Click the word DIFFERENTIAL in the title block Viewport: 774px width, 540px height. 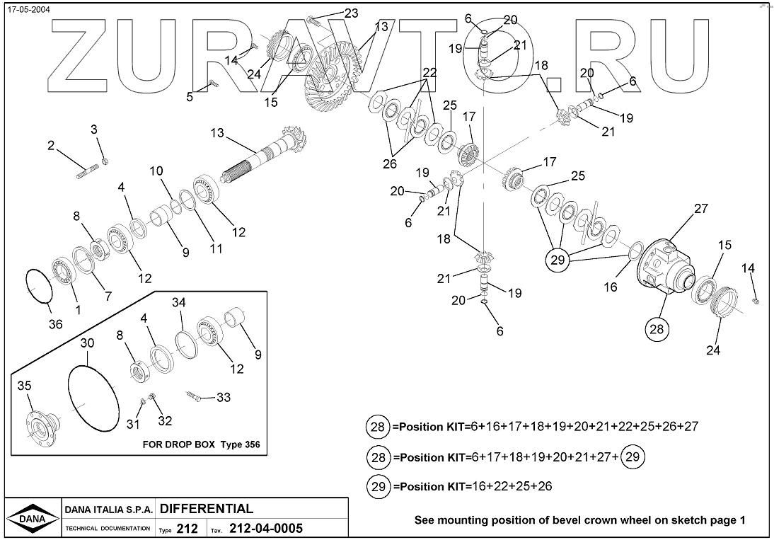tap(207, 509)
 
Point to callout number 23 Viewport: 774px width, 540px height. tap(351, 13)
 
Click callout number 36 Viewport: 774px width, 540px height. tap(55, 324)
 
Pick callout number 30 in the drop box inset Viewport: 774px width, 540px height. tap(86, 343)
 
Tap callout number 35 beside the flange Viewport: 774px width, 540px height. tap(24, 386)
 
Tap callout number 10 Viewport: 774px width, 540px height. tap(156, 171)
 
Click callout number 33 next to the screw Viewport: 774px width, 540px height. tap(224, 398)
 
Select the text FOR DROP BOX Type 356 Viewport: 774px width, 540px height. tap(197, 445)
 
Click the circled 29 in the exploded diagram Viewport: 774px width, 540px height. tap(558, 260)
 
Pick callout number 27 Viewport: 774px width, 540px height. tap(700, 209)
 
